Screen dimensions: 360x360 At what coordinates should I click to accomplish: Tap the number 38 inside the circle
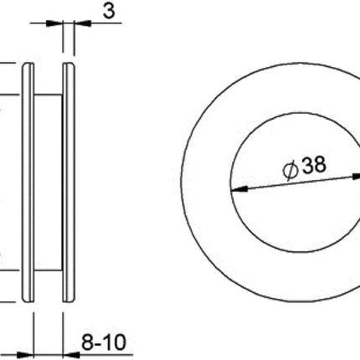click(x=313, y=167)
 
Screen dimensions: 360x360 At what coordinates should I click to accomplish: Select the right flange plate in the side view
click(x=69, y=179)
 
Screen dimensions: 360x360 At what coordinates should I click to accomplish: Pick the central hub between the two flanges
click(x=49, y=179)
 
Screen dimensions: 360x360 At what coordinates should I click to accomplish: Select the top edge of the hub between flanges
click(x=49, y=95)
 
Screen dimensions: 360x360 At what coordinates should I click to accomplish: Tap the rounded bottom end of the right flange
click(x=69, y=298)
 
